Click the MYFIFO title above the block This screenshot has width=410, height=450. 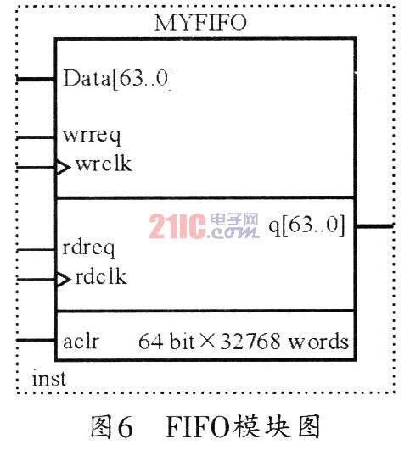[200, 22]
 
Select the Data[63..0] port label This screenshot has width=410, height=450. [117, 79]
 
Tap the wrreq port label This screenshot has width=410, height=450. [92, 136]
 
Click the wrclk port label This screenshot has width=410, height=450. [104, 164]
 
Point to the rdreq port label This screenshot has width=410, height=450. [88, 248]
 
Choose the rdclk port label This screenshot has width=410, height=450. [101, 276]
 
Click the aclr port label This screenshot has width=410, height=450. [81, 342]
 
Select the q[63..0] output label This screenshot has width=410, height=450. [306, 226]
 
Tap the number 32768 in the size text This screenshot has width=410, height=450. [250, 341]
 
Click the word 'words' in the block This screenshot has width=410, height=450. [318, 342]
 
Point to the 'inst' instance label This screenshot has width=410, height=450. [49, 378]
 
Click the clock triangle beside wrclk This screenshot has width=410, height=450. [63, 167]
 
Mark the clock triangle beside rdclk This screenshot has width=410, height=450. [63, 280]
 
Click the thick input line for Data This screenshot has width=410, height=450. [36, 79]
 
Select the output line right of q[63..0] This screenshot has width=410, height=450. [374, 226]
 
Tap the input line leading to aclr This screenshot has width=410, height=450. [36, 341]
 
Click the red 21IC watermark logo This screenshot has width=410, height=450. [177, 226]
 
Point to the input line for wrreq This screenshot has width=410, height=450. [36, 138]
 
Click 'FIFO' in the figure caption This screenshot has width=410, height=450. [198, 427]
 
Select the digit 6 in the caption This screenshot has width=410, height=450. [125, 427]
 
